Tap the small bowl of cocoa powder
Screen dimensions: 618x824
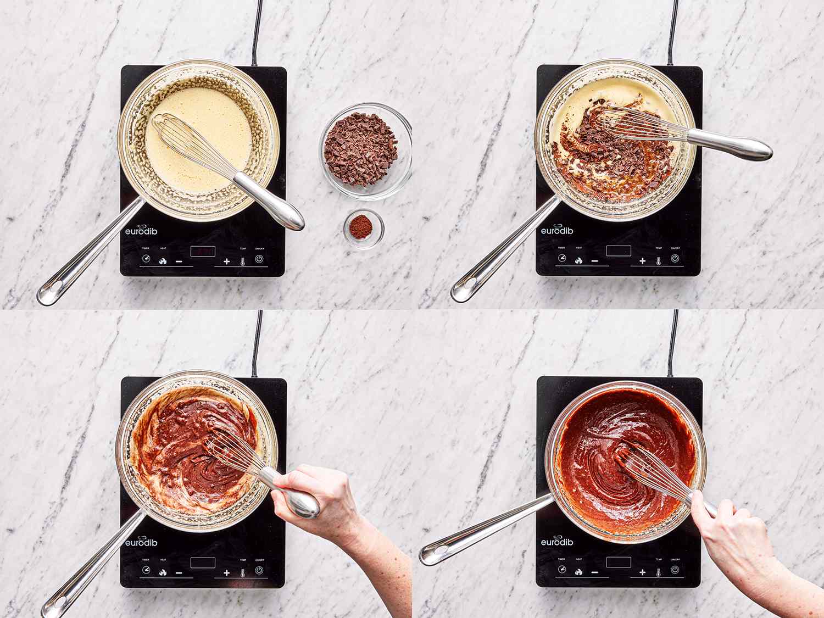pos(364,227)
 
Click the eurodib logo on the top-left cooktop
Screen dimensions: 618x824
pos(141,231)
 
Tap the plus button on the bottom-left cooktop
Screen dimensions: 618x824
pos(226,572)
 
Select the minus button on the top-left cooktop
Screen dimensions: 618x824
pos(179,261)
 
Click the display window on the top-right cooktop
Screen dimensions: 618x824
pos(619,251)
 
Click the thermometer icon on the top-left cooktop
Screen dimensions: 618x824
pos(242,261)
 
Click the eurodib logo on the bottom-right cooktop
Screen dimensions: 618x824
pos(556,542)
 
